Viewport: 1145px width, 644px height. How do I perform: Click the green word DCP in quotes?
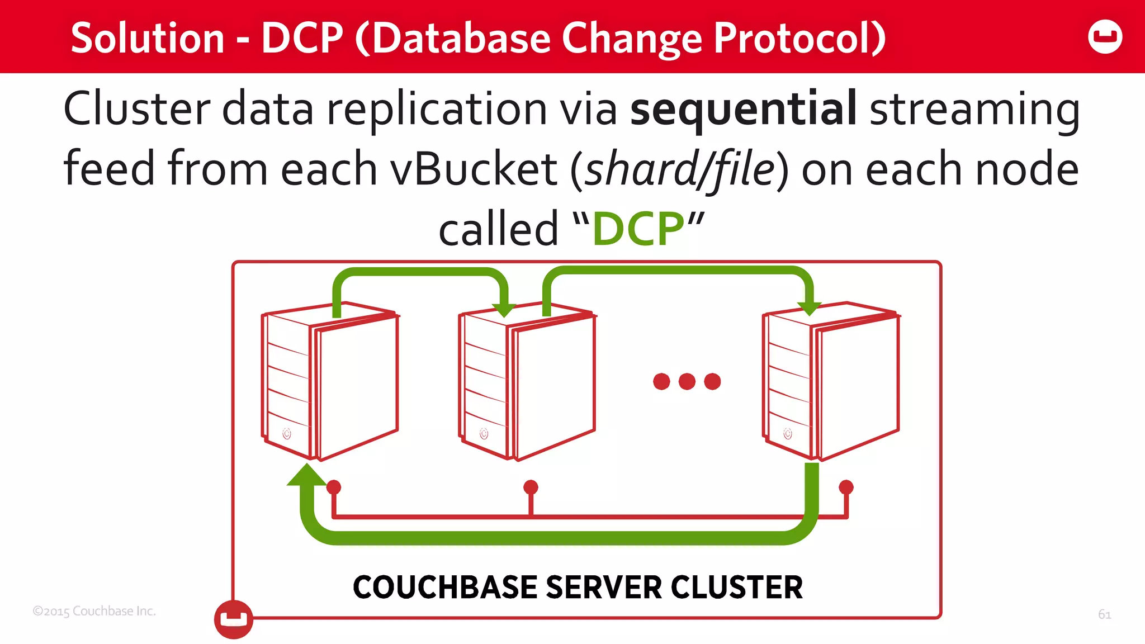[x=638, y=229]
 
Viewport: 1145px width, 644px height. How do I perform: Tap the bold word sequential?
[x=743, y=108]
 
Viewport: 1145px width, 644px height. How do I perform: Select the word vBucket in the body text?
[x=474, y=169]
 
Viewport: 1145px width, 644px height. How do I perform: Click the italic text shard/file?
[x=679, y=169]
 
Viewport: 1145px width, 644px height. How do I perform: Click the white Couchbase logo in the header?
[x=1105, y=37]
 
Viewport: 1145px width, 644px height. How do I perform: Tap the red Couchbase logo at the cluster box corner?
[x=234, y=619]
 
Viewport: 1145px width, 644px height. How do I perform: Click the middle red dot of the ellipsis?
[x=687, y=382]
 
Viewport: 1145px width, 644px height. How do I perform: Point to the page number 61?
[x=1104, y=614]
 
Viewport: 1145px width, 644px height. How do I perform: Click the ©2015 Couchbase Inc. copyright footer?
[x=94, y=611]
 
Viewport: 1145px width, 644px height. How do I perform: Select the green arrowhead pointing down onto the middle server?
[x=504, y=309]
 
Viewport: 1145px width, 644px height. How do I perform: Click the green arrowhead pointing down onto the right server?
[x=808, y=308]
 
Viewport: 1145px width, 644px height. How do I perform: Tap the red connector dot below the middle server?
[x=531, y=487]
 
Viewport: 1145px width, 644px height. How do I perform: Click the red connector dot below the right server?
[x=846, y=487]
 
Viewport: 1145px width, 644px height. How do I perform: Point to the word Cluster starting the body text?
[x=137, y=108]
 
